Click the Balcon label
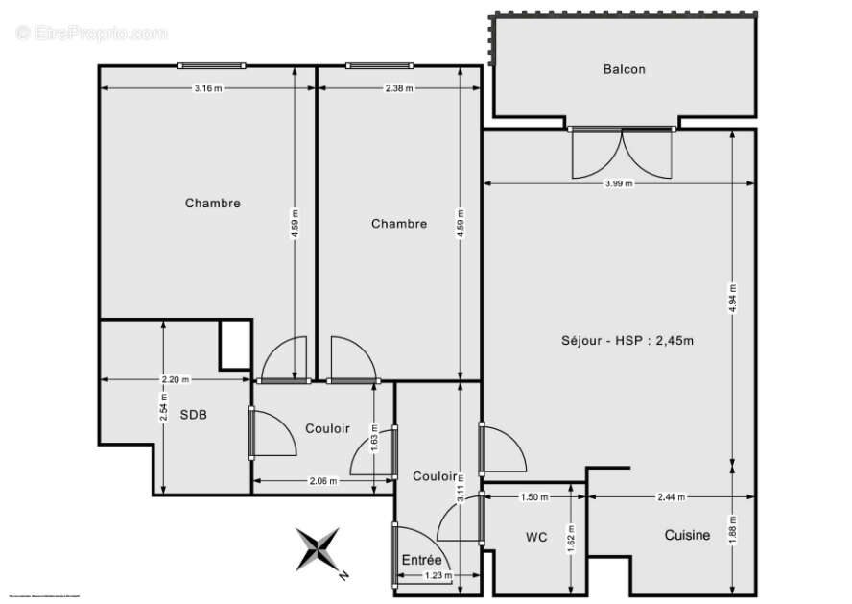click(624, 69)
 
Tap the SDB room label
click(194, 415)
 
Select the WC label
click(536, 537)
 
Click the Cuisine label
click(687, 535)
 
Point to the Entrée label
click(422, 560)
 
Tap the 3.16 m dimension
click(208, 88)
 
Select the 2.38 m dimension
click(399, 88)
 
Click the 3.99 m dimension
click(619, 183)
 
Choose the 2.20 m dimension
click(176, 379)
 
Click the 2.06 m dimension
click(323, 481)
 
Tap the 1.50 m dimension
click(534, 497)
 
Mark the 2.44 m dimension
click(672, 497)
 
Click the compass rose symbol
click(319, 550)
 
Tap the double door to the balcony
click(622, 154)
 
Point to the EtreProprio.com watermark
click(91, 34)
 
